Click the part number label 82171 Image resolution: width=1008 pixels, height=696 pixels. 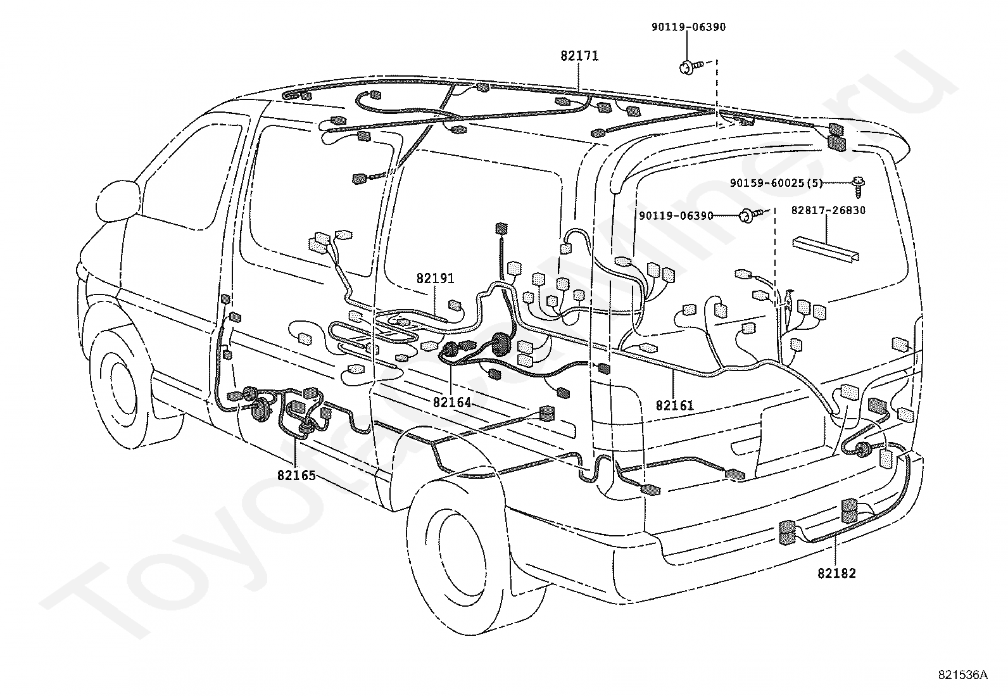(x=579, y=56)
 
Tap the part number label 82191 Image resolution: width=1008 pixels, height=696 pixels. (x=435, y=278)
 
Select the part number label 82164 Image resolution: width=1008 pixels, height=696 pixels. (x=452, y=402)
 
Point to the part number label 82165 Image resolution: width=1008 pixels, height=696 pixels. (x=296, y=476)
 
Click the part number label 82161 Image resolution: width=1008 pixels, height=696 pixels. (x=674, y=405)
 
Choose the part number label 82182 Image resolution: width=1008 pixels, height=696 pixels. (x=836, y=574)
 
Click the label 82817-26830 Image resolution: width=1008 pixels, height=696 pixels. (x=828, y=210)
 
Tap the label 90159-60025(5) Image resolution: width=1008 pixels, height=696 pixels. (x=776, y=183)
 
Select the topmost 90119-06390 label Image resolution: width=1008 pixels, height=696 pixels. (x=688, y=27)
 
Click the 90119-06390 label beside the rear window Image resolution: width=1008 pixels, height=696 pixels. (x=676, y=216)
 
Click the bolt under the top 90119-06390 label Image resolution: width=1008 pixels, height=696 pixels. (x=690, y=67)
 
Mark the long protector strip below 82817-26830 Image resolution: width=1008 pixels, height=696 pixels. (x=825, y=248)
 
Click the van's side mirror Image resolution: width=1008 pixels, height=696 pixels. (x=118, y=201)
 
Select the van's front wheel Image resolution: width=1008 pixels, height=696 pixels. (x=117, y=388)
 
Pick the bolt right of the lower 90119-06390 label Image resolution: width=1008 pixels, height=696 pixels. (x=750, y=216)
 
